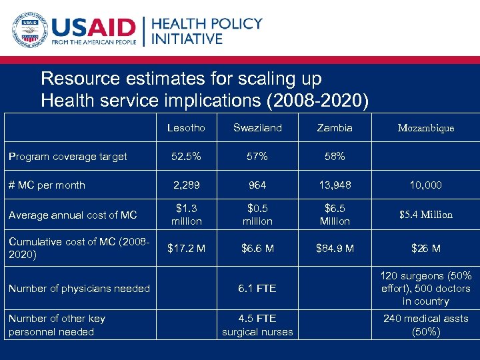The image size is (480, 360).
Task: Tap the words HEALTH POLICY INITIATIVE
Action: click(x=207, y=31)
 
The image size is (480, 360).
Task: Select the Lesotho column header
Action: click(x=186, y=127)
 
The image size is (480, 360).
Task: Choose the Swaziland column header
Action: click(x=257, y=127)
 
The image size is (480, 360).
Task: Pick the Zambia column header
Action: click(x=335, y=127)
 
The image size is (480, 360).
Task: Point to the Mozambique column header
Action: click(x=425, y=127)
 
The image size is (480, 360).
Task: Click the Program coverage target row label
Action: click(x=67, y=157)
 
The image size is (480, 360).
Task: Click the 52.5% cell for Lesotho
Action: click(x=186, y=157)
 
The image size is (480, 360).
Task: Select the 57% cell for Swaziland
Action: click(x=257, y=157)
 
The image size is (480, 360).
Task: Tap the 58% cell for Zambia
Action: click(x=335, y=157)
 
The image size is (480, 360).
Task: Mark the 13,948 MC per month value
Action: click(x=335, y=185)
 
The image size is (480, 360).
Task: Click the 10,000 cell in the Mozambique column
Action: click(x=425, y=185)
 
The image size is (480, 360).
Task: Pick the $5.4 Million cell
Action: click(x=425, y=215)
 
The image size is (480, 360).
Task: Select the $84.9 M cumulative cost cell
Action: click(x=335, y=249)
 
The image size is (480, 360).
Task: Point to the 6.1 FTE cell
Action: click(x=257, y=289)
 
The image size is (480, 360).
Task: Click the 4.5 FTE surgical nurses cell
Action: click(x=257, y=325)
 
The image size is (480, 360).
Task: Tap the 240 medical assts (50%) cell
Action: click(x=425, y=325)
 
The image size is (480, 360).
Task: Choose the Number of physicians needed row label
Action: click(x=79, y=289)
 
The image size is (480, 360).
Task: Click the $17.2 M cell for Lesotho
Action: click(x=186, y=249)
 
